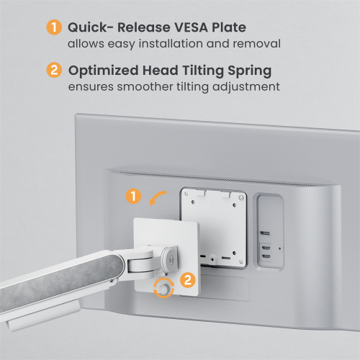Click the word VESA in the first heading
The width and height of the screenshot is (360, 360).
(x=192, y=27)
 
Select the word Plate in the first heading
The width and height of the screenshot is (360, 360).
(x=229, y=27)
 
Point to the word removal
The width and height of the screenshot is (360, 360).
(x=257, y=43)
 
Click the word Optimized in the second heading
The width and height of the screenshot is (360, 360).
(x=104, y=71)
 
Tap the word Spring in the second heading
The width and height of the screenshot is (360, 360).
(x=250, y=71)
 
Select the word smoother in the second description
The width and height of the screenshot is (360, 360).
(x=145, y=86)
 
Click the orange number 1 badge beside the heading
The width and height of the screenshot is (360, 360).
(x=54, y=27)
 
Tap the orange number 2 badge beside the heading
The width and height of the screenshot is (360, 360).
(x=54, y=70)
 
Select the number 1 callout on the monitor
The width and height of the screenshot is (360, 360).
(x=133, y=196)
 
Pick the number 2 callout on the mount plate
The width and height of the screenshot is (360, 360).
(x=188, y=280)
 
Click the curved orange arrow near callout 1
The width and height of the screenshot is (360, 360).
(x=157, y=196)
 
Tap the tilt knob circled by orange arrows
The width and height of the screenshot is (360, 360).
(x=164, y=288)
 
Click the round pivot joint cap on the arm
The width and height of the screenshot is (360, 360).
(x=170, y=260)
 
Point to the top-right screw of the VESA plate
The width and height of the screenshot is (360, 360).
(x=241, y=198)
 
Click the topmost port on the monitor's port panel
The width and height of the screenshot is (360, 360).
(x=265, y=233)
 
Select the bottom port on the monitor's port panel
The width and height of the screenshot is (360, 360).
(x=266, y=256)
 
